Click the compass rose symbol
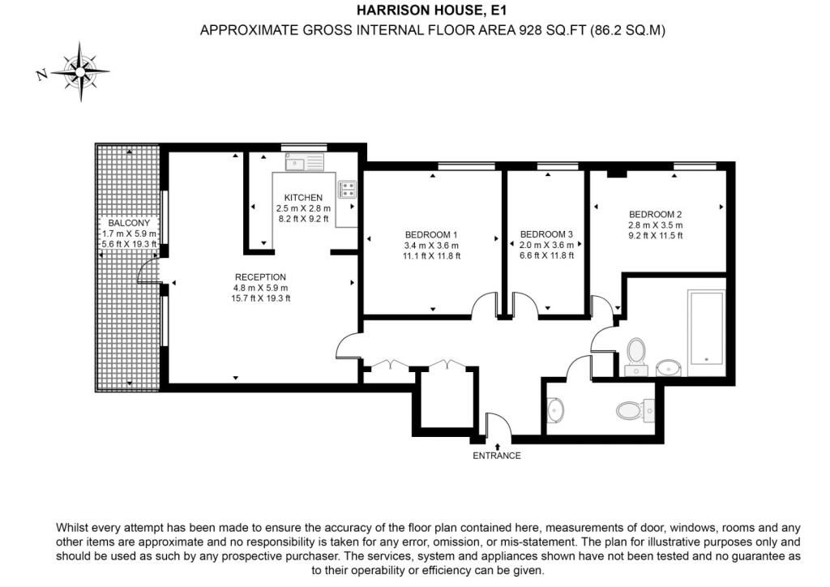click(80, 71)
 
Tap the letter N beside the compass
click(42, 75)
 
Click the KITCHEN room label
click(303, 198)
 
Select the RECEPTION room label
click(260, 276)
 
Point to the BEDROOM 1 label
click(431, 234)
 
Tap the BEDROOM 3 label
click(546, 234)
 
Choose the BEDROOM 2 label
click(655, 214)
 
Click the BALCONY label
click(129, 223)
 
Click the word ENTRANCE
click(497, 455)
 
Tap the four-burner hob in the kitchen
click(347, 190)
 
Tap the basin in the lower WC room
click(554, 410)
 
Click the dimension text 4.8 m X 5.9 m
click(260, 288)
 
